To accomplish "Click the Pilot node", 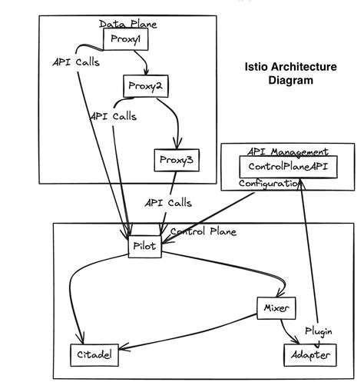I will click(144, 247).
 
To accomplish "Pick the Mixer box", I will click(275, 308).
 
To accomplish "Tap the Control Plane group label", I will click(203, 231).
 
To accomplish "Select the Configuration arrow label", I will click(268, 184).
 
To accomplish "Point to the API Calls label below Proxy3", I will click(168, 203).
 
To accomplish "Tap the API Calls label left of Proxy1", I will click(75, 61).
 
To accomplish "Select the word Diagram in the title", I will click(290, 80).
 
